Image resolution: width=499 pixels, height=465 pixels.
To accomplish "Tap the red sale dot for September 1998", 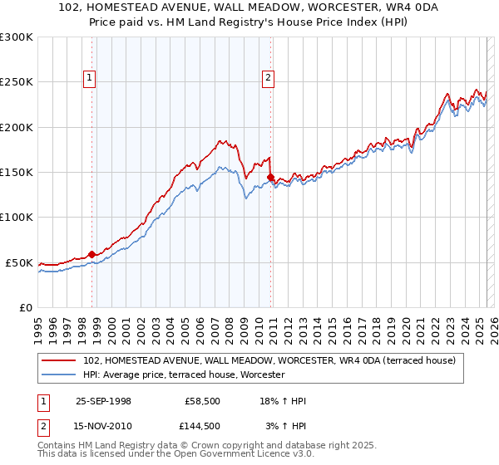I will [92, 254].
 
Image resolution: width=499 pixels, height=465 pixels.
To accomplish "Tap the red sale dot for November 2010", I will [271, 177].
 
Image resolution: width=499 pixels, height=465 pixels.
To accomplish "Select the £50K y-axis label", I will [19, 262].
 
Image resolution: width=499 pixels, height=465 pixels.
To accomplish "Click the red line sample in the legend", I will [58, 361].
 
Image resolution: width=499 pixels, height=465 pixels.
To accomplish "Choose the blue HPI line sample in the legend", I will [58, 375].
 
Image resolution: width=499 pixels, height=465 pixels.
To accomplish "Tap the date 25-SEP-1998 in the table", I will [103, 401].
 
